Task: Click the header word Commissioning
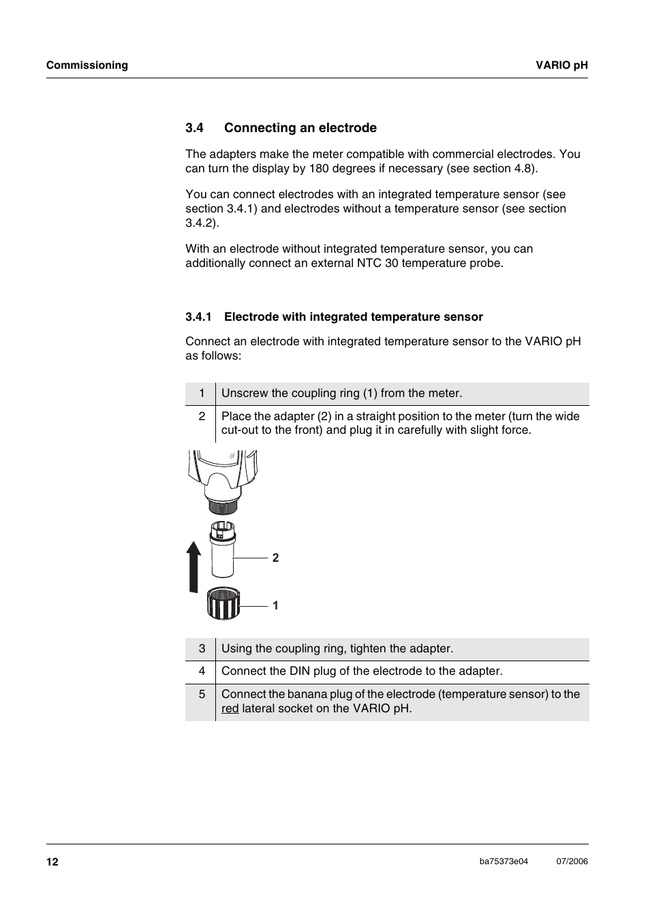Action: (87, 65)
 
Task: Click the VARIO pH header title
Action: (561, 65)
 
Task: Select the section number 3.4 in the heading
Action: (195, 128)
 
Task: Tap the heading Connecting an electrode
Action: (300, 128)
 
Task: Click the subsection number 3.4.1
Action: (199, 317)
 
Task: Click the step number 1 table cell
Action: (202, 394)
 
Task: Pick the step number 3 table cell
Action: (202, 649)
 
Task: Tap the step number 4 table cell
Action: (202, 671)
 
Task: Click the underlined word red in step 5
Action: (230, 709)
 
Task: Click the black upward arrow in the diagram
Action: (195, 565)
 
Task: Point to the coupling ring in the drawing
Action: (223, 603)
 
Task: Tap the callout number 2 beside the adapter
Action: (275, 558)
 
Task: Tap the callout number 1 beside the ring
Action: (275, 605)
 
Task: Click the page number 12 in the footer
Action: (52, 862)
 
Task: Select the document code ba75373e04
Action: (504, 861)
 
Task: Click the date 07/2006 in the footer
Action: (572, 861)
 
